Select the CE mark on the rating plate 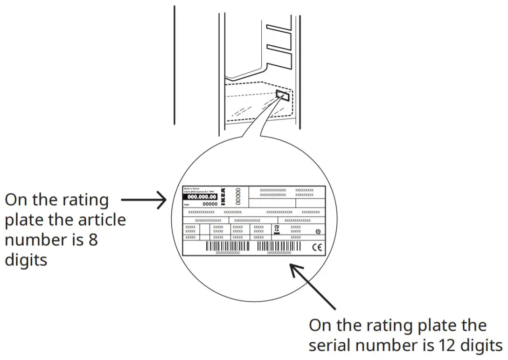(316, 248)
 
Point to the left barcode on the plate (227, 246)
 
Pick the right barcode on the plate (278, 246)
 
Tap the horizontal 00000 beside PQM (210, 204)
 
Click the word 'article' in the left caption (101, 220)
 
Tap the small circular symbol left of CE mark (318, 231)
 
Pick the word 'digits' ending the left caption (26, 260)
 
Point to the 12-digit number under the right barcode (278, 252)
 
